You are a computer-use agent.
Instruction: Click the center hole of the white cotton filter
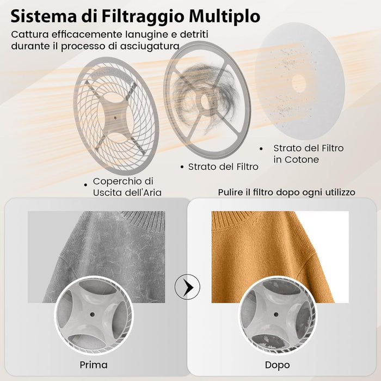coord(298,83)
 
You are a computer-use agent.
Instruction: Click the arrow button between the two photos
coord(187,286)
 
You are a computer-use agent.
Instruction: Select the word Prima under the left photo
coord(93,364)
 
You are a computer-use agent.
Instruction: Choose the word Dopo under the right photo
coord(278,364)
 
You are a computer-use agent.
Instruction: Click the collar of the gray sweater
coord(136,220)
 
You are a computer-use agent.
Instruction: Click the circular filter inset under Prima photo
coord(94,314)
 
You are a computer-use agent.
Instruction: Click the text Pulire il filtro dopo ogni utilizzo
coord(286,192)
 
